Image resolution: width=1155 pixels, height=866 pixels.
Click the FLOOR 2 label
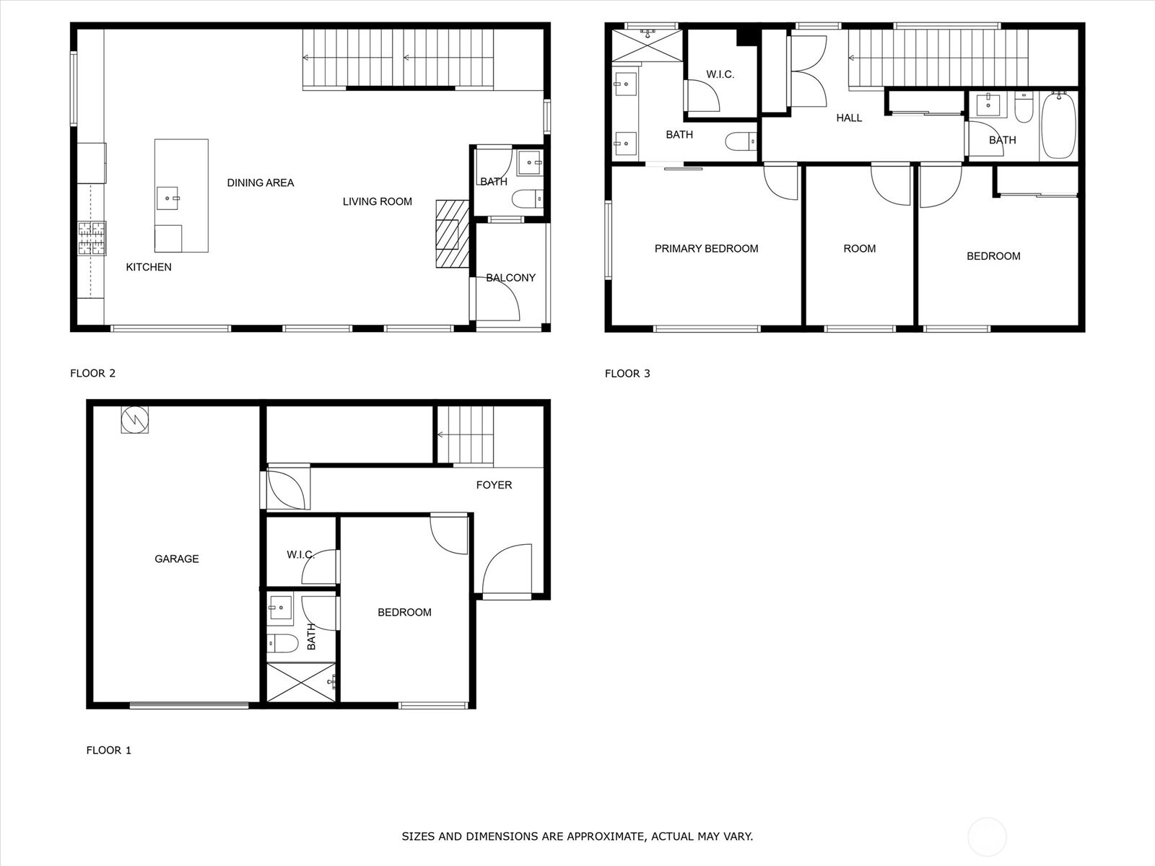(92, 373)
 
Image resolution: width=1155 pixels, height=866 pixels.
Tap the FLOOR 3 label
(627, 373)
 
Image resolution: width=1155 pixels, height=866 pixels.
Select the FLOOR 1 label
(108, 751)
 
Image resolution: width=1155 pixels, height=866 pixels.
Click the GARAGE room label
(177, 559)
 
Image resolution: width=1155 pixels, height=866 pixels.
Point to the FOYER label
(494, 485)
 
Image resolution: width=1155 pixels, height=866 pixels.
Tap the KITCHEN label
(149, 267)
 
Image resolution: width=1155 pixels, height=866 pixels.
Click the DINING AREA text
(261, 183)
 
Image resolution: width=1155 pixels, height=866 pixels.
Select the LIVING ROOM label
(378, 201)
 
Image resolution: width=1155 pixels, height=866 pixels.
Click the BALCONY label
(510, 278)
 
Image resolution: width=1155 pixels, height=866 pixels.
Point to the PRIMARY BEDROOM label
(706, 249)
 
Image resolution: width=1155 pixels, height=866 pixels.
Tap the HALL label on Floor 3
(849, 118)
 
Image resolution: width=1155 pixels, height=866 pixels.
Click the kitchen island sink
(168, 198)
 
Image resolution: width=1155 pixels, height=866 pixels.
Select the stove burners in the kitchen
(92, 238)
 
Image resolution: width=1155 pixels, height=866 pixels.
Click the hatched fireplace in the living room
(452, 234)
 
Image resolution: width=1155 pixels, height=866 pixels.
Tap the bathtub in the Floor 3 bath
(1059, 125)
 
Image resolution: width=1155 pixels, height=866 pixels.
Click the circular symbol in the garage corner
(135, 419)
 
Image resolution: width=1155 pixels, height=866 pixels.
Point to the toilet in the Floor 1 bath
(282, 643)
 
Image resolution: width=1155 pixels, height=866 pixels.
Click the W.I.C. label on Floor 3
(720, 74)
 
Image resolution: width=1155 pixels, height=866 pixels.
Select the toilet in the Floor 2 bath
(528, 198)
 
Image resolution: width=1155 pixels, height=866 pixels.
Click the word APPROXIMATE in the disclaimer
(612, 836)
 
